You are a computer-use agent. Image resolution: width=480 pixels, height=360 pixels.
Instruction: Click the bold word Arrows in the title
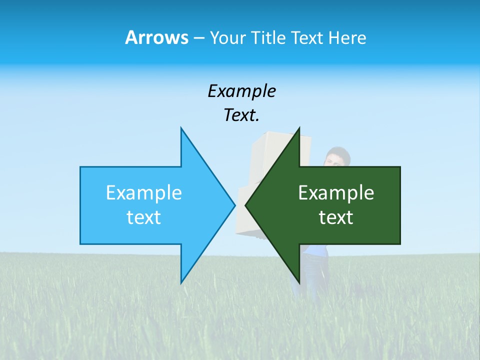[156, 37]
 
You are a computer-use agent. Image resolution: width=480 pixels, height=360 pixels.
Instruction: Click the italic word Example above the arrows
[241, 91]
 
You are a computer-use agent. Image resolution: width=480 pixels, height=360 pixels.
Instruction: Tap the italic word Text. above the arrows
[241, 115]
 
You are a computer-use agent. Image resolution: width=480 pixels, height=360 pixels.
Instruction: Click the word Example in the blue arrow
[144, 192]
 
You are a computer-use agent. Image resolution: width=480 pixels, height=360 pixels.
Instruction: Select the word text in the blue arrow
[144, 217]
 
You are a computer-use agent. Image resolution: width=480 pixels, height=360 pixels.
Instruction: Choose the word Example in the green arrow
[336, 192]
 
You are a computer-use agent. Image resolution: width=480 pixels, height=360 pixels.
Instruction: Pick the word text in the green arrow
[336, 217]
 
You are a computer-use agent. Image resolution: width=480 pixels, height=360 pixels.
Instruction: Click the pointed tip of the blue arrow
[234, 205]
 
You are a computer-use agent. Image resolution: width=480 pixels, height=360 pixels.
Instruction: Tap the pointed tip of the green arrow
[245, 205]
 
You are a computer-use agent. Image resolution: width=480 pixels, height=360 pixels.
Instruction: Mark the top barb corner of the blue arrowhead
[181, 128]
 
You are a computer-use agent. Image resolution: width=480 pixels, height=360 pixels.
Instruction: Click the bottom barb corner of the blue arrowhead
[181, 283]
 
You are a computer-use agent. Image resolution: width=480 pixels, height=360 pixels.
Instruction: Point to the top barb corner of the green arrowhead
[299, 128]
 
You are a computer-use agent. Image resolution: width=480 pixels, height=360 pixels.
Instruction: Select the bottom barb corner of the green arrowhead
[299, 283]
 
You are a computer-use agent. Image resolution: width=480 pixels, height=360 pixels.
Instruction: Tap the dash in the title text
[198, 38]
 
